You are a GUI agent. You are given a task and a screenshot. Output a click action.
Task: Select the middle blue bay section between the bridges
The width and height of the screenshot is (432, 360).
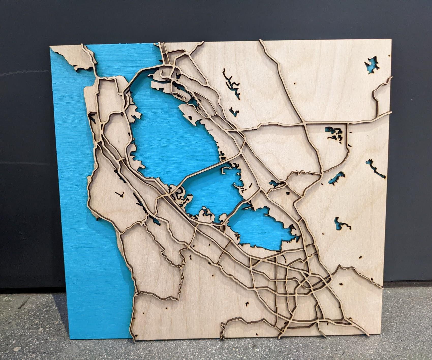tap(211, 191)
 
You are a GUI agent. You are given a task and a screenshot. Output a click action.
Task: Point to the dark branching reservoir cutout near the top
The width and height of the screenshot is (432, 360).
tap(231, 84)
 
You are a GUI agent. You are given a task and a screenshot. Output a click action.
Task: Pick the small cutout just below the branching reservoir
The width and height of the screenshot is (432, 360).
tap(234, 112)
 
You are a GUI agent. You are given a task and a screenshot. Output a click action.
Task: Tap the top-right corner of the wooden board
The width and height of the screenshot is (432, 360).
tap(391, 40)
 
